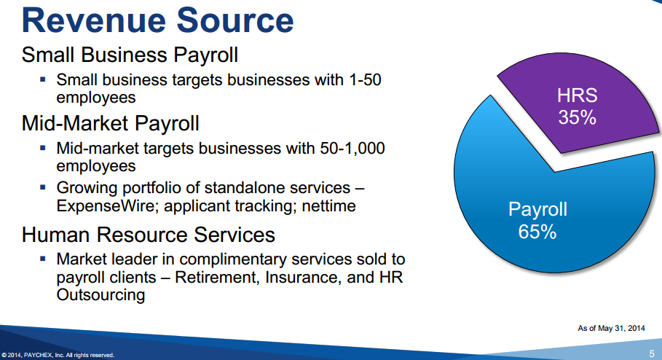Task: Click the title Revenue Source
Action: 157,20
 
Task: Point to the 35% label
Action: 577,117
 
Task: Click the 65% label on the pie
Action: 537,232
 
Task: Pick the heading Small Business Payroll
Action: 130,55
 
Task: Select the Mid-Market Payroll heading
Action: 110,123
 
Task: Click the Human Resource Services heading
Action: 148,235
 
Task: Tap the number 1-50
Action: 365,80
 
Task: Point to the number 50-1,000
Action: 352,149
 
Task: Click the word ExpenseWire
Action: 107,206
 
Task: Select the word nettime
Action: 329,206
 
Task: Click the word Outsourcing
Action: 101,295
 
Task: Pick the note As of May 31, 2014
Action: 611,329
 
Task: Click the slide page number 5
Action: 652,353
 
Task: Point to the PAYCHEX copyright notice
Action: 58,356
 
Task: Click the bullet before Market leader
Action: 43,258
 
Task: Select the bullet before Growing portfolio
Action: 43,187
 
